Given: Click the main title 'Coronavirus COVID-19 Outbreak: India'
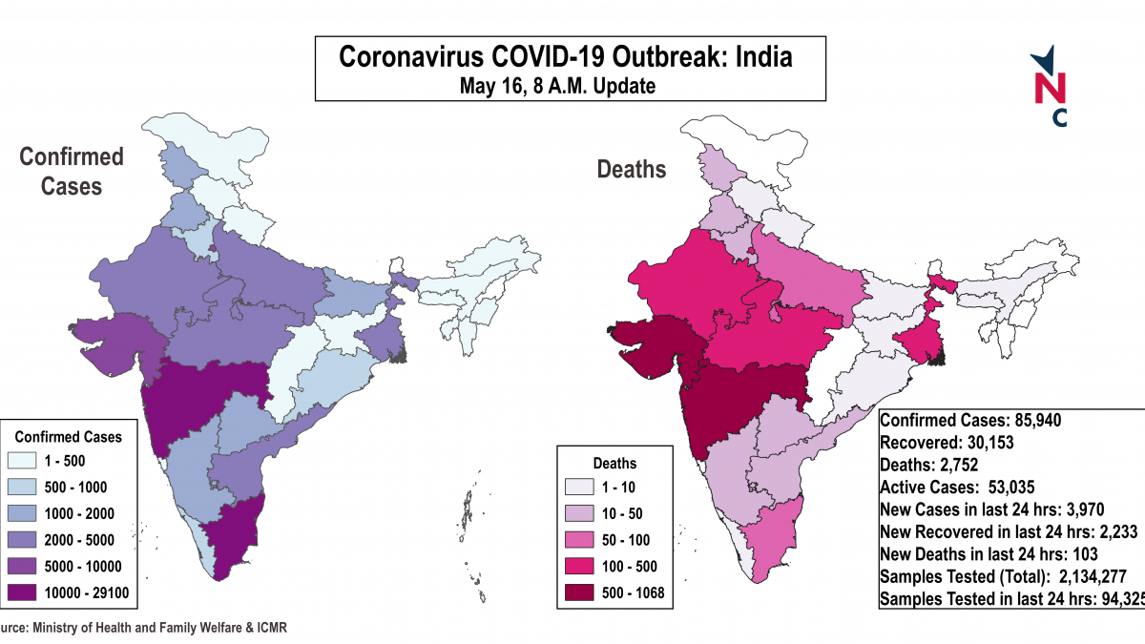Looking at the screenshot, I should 566,57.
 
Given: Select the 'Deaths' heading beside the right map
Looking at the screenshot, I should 632,170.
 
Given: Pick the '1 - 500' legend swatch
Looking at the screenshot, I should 30,461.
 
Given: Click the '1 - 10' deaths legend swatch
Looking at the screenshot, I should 580,488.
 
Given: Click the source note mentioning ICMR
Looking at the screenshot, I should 143,628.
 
